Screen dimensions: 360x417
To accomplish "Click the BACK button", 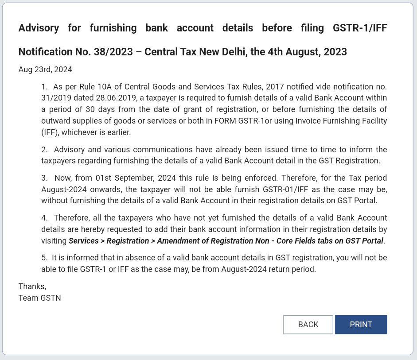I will click(308, 325).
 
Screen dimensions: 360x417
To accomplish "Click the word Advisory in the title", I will click(39, 28).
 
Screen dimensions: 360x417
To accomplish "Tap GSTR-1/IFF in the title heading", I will click(359, 28).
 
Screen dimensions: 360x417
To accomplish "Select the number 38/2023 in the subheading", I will click(113, 52).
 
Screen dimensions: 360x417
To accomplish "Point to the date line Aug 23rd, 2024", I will click(45, 70).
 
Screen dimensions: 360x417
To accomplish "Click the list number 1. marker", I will click(44, 87).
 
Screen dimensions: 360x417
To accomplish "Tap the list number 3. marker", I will click(44, 178).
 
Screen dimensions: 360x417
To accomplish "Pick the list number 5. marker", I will click(44, 258).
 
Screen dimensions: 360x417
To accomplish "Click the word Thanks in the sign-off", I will click(31, 286).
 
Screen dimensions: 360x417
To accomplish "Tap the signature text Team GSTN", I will click(40, 298).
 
